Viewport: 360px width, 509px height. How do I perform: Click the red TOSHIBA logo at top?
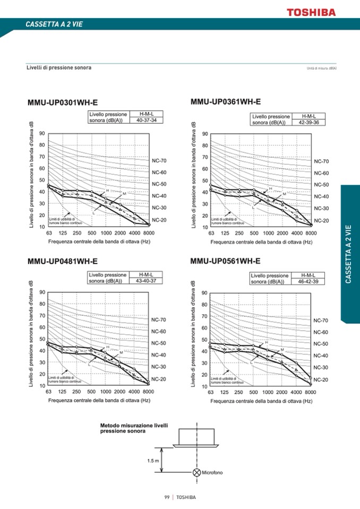pyautogui.click(x=311, y=12)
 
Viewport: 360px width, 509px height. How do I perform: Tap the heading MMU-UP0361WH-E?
pyautogui.click(x=225, y=101)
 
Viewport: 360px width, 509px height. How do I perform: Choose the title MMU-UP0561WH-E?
pyautogui.click(x=225, y=261)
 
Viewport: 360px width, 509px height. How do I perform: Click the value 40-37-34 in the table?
pyautogui.click(x=146, y=120)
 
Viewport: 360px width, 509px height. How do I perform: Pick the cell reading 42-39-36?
pyautogui.click(x=308, y=123)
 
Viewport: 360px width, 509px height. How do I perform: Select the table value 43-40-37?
pyautogui.click(x=146, y=281)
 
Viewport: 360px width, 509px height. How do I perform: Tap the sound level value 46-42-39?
pyautogui.click(x=308, y=282)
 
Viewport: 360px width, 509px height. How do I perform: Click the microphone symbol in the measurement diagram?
pyautogui.click(x=197, y=472)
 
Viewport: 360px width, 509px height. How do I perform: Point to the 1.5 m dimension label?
pyautogui.click(x=153, y=460)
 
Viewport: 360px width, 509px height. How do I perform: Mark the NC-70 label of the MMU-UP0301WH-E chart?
pyautogui.click(x=159, y=160)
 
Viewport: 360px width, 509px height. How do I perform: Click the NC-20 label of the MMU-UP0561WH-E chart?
pyautogui.click(x=321, y=380)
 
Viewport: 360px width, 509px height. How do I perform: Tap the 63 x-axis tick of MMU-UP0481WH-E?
pyautogui.click(x=48, y=392)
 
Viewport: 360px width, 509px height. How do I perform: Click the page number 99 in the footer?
pyautogui.click(x=167, y=497)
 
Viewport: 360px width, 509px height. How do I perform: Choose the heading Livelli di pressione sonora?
pyautogui.click(x=59, y=68)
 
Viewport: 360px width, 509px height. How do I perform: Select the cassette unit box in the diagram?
pyautogui.click(x=196, y=437)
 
